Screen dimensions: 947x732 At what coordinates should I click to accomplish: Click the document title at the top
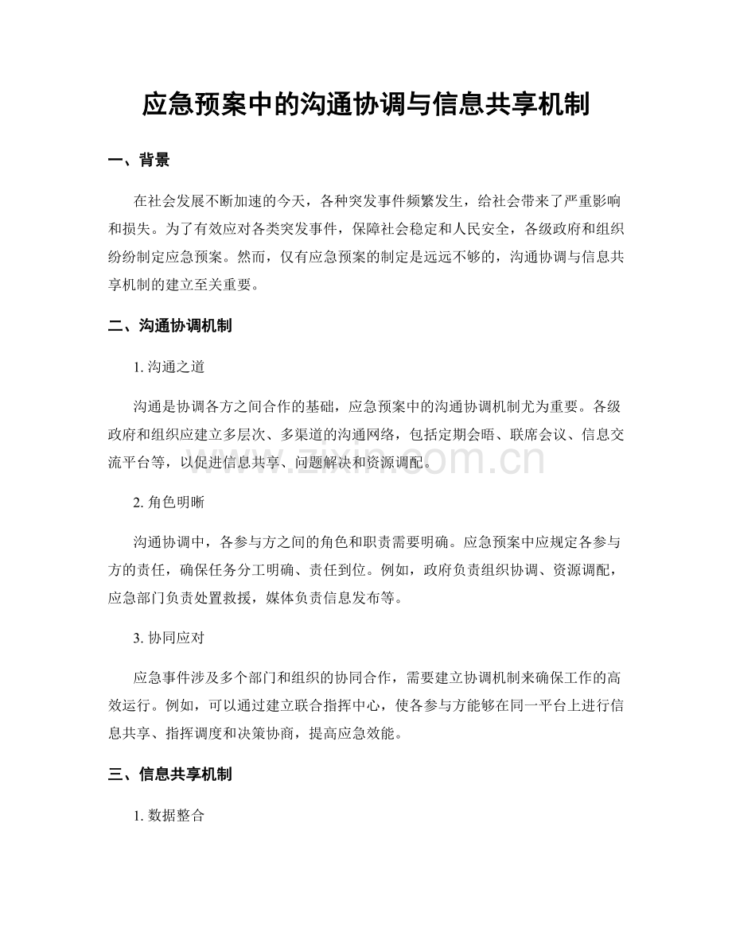(365, 104)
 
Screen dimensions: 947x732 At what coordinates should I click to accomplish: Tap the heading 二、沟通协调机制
(169, 325)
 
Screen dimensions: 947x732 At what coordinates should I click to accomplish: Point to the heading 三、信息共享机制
(169, 774)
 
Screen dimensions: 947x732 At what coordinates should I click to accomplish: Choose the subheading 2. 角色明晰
(170, 503)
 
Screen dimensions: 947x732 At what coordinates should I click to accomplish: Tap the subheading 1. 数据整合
(170, 815)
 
